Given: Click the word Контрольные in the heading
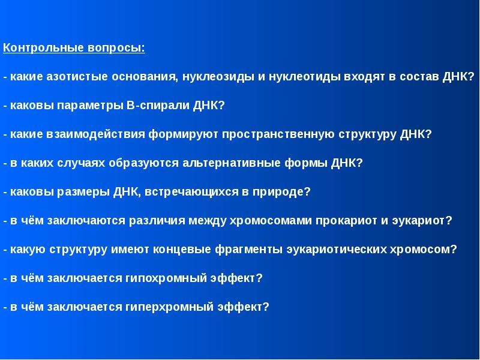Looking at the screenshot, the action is coord(43,48).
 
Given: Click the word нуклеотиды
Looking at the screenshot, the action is coord(304,77).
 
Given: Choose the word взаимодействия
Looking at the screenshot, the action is coord(96,134).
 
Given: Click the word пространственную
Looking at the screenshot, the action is coord(278,134).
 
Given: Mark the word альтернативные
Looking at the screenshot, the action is coord(232,163).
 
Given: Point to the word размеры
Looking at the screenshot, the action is coord(83,192).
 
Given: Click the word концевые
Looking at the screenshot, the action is coord(182,250).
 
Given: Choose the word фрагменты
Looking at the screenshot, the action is coord(248,249).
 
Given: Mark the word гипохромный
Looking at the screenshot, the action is coord(166,278).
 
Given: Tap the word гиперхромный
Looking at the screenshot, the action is coord(169,307).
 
